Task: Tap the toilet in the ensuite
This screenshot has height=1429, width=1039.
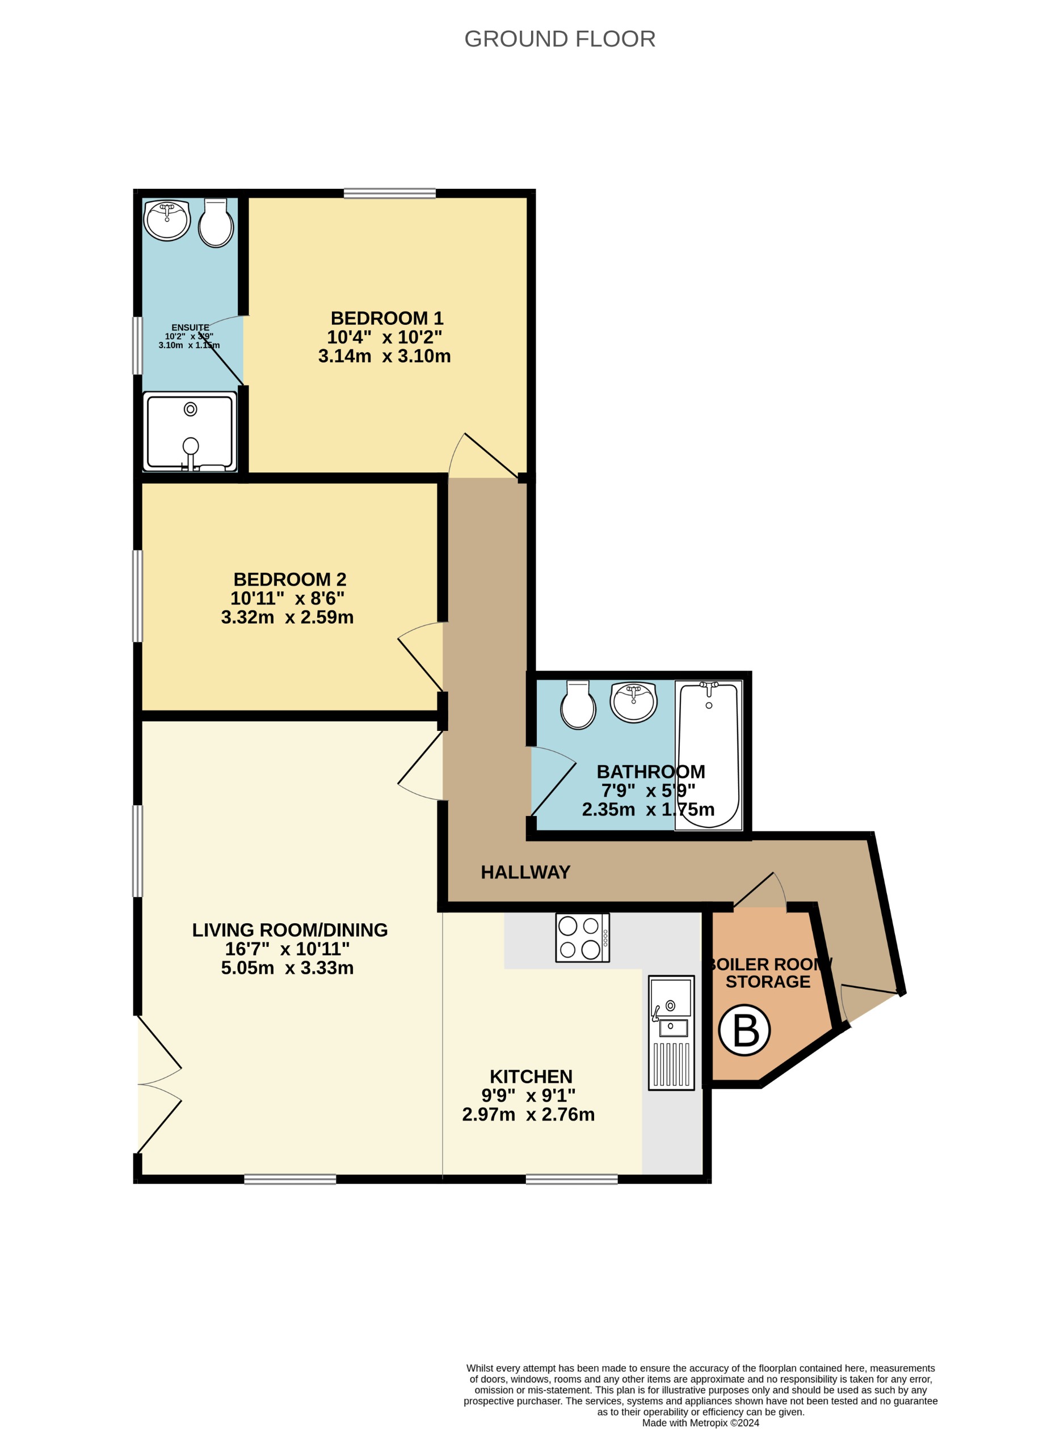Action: [216, 225]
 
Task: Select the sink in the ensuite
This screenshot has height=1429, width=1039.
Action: [167, 221]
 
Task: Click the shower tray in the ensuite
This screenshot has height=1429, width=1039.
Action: [190, 432]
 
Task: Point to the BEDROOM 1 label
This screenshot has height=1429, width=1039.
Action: [386, 318]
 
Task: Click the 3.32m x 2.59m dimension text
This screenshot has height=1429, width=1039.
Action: [287, 617]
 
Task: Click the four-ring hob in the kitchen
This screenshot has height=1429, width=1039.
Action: [581, 937]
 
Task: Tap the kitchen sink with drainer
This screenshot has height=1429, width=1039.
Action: [671, 1032]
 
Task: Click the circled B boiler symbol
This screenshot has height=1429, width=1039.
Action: [744, 1030]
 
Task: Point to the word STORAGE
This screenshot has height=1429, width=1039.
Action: [767, 982]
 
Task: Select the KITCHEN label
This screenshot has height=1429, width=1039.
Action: [531, 1077]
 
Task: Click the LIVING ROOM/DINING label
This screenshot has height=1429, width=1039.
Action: [289, 930]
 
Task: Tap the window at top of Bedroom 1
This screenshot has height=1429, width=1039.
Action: [389, 193]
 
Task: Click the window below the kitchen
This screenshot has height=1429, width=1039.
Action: [571, 1179]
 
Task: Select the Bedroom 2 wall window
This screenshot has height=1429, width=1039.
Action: [137, 596]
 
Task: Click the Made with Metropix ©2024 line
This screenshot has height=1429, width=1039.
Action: [700, 1423]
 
